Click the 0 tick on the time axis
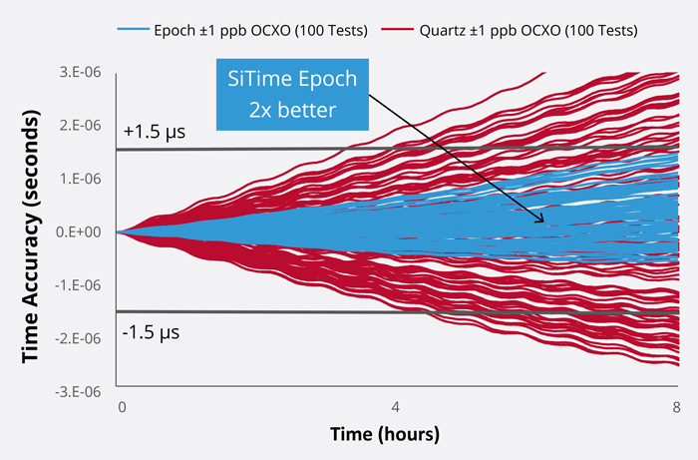pyautogui.click(x=122, y=408)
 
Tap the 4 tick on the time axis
pyautogui.click(x=396, y=408)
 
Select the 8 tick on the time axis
pyautogui.click(x=675, y=408)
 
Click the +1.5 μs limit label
pyautogui.click(x=154, y=132)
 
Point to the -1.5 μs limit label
pyautogui.click(x=152, y=331)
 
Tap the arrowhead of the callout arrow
pyautogui.click(x=543, y=223)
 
